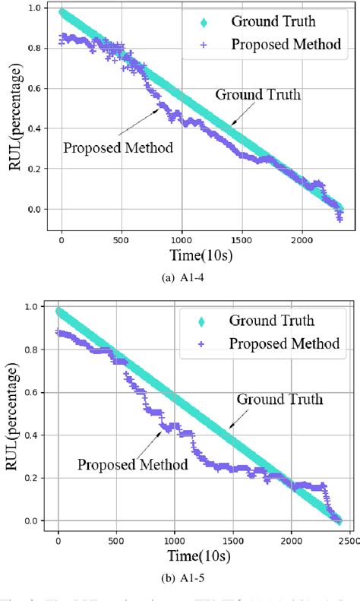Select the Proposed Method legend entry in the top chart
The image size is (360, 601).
(x=285, y=45)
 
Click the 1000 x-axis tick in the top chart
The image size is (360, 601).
(x=182, y=237)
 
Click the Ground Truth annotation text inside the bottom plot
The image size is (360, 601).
(x=279, y=400)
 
